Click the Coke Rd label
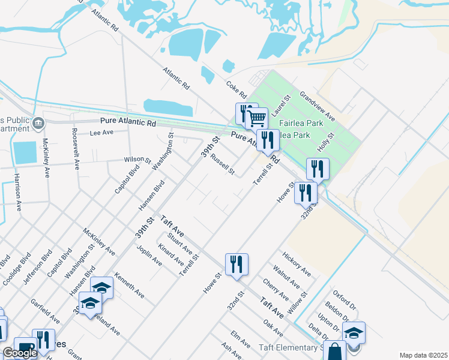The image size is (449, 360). pos(237,90)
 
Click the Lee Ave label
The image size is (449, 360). pos(101,132)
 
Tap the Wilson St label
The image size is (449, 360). pos(137,160)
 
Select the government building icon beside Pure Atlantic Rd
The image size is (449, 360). pos(38,123)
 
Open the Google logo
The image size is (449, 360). pos(20,353)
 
